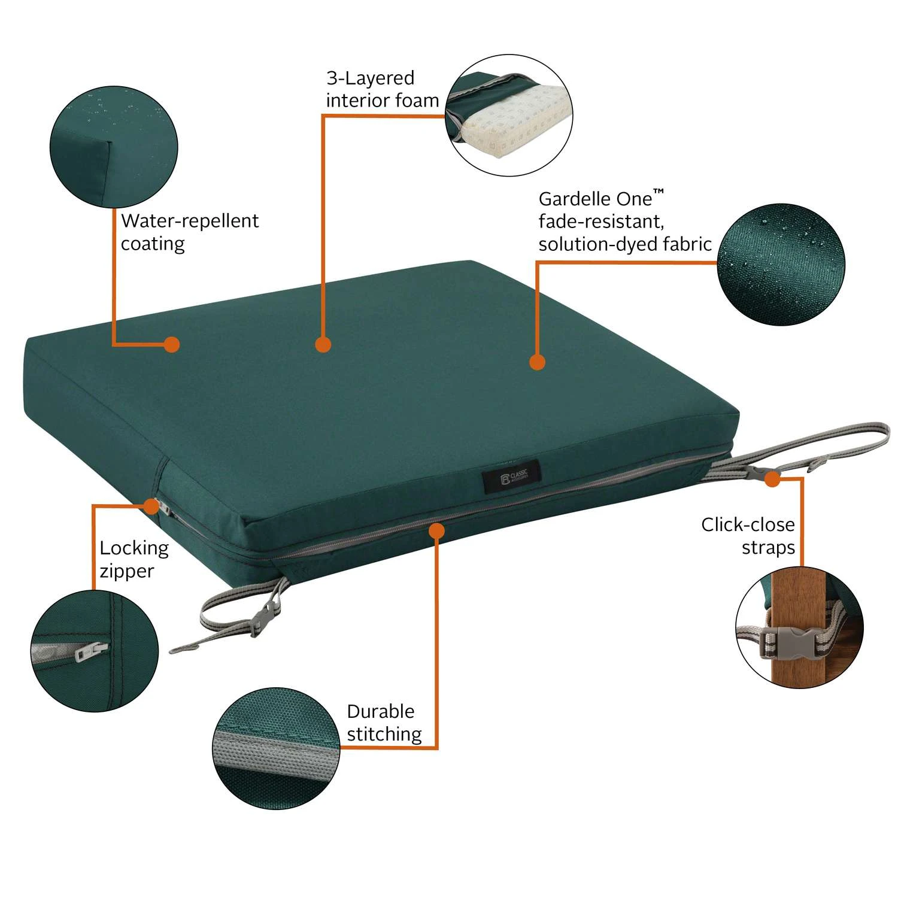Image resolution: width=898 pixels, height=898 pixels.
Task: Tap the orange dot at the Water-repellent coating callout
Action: point(172,344)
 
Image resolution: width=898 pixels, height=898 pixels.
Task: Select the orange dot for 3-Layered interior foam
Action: point(323,344)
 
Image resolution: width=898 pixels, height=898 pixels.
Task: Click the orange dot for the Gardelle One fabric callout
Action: point(537,362)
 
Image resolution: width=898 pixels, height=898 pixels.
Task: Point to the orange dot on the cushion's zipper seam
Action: point(437,530)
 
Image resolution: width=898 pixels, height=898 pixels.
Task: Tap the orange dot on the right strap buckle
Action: point(772,479)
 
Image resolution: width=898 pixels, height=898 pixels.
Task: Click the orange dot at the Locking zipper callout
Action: point(152,506)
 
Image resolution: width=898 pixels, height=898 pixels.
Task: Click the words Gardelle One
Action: point(595,199)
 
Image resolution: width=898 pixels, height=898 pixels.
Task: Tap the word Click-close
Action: point(748,525)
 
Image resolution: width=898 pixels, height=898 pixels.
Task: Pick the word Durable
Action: point(380,711)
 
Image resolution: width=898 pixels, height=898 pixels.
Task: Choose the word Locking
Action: point(134,548)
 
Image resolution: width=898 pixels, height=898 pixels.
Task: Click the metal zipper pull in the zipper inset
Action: point(91,651)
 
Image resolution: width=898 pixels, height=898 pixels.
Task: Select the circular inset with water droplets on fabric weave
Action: point(781,264)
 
